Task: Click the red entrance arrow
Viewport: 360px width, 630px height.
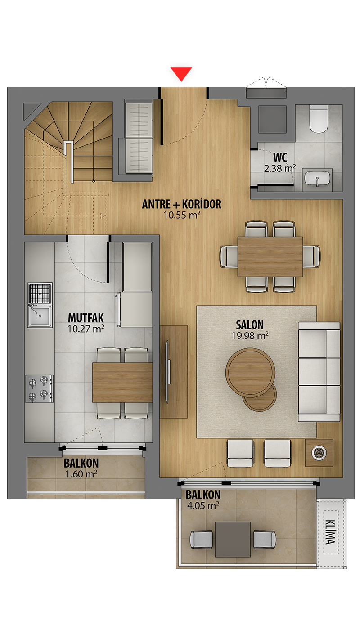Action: (181, 74)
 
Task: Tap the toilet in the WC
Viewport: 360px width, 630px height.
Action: (319, 119)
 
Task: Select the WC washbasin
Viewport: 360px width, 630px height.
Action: (317, 179)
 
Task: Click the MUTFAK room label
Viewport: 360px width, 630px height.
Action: (86, 318)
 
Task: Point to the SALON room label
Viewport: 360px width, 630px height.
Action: (250, 325)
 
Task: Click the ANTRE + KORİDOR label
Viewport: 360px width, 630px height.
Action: (182, 204)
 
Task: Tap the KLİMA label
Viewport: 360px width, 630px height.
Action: (330, 531)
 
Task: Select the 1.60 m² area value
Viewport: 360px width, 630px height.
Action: (81, 474)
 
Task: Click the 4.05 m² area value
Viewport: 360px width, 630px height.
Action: (203, 505)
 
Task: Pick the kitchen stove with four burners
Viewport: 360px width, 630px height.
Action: (40, 389)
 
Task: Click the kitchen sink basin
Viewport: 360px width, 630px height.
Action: (40, 316)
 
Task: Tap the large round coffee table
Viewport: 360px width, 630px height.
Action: (250, 373)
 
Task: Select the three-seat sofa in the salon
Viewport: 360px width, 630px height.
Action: (319, 372)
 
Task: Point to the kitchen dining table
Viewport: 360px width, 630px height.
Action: (122, 382)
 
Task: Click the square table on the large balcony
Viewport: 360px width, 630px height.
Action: (233, 540)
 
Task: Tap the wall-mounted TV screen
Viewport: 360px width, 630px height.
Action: (167, 371)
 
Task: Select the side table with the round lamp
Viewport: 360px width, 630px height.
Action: (319, 453)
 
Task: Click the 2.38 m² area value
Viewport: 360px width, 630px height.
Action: (280, 168)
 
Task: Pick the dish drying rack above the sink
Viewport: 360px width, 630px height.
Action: (40, 293)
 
